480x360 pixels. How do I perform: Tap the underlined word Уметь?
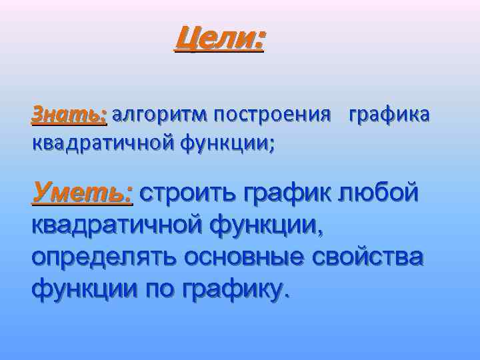(83, 193)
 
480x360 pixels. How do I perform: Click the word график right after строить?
(290, 193)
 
